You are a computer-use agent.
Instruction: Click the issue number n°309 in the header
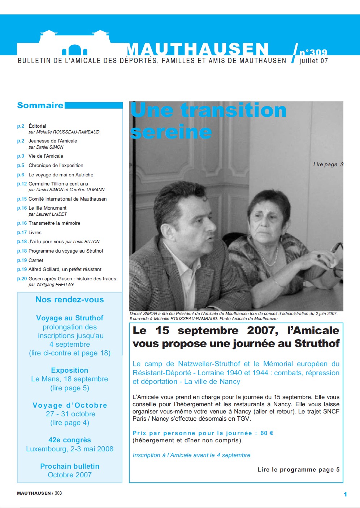[x=313, y=52]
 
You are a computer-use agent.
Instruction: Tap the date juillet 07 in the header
[x=313, y=61]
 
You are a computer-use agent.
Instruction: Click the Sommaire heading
[x=40, y=105]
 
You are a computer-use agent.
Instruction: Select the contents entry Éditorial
[x=37, y=126]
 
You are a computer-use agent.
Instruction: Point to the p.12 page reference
[x=22, y=184]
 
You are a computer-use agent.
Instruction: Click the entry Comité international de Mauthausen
[x=68, y=199]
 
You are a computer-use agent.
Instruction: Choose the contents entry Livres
[x=35, y=232]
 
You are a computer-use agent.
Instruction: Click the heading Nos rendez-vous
[x=70, y=299]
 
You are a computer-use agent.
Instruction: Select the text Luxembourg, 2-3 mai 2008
[x=70, y=449]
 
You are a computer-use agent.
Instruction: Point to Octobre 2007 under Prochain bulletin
[x=70, y=475]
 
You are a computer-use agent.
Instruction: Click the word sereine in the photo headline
[x=170, y=132]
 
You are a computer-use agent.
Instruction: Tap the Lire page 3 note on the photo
[x=328, y=165]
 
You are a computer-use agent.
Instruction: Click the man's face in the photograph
[x=195, y=220]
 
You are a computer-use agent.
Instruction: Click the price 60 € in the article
[x=266, y=433]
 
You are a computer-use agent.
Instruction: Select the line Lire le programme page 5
[x=298, y=469]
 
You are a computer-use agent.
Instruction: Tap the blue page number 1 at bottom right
[x=345, y=494]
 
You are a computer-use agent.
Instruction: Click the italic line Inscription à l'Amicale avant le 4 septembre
[x=191, y=455]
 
